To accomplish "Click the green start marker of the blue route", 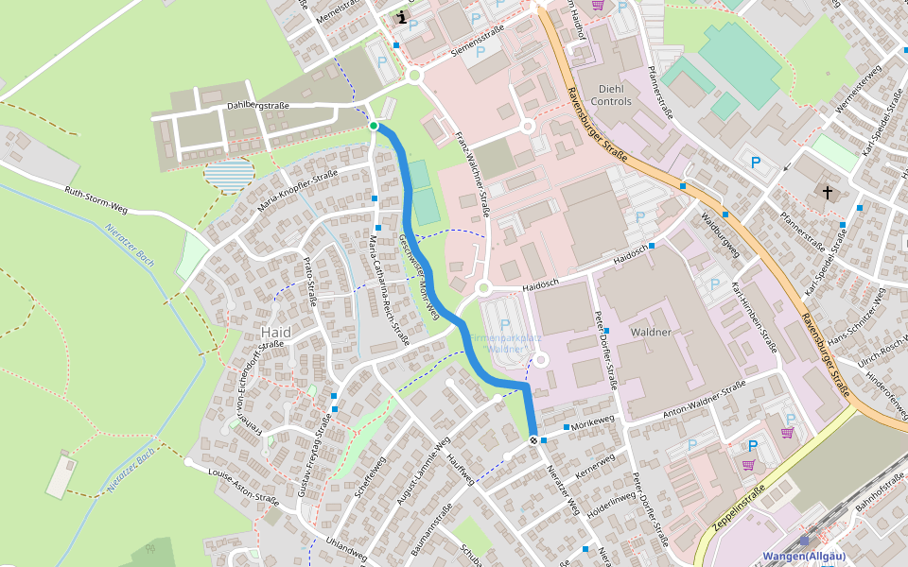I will pos(374,126).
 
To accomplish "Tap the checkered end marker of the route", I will pos(534,440).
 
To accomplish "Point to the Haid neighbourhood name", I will pos(275,333).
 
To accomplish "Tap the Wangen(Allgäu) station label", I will pos(802,557).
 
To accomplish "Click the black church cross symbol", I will pos(828,193).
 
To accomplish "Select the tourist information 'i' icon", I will pos(403,17).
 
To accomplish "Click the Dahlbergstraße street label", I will pos(257,106).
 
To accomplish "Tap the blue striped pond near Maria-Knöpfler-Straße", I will pos(229,176).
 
